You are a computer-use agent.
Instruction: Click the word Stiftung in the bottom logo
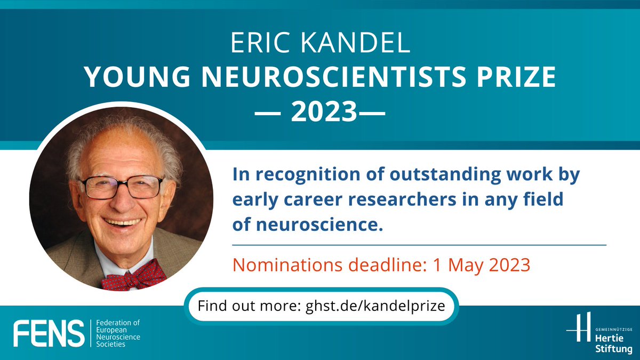pyautogui.click(x=612, y=348)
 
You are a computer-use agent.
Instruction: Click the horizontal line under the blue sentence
pyautogui.click(x=419, y=245)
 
